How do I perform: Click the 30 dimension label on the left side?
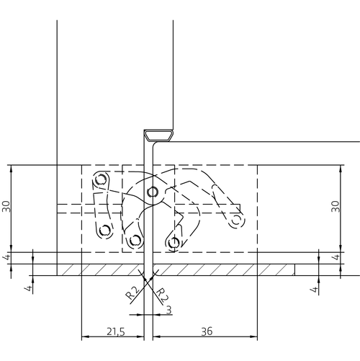pyautogui.click(x=6, y=206)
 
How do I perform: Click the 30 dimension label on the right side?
pyautogui.click(x=336, y=206)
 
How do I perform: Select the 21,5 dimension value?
pyautogui.click(x=116, y=331)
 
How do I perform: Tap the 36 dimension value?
pyautogui.click(x=207, y=331)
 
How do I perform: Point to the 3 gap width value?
pyautogui.click(x=169, y=310)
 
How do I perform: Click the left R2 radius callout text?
pyautogui.click(x=132, y=293)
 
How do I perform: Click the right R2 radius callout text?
pyautogui.click(x=163, y=295)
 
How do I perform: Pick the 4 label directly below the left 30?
pyautogui.click(x=7, y=257)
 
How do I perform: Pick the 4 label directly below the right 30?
pyautogui.click(x=336, y=257)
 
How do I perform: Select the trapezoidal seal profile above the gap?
pyautogui.click(x=158, y=135)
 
